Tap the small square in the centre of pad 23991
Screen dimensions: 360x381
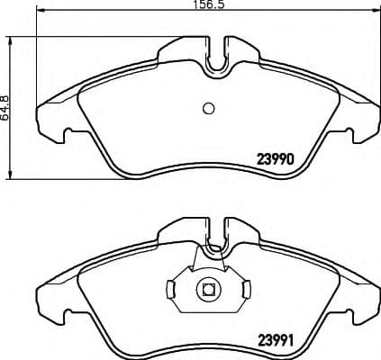207,290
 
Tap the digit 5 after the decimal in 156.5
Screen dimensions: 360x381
219,5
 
